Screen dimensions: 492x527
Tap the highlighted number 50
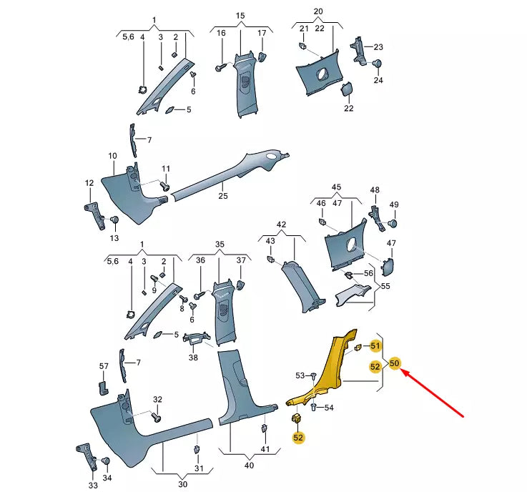point(395,364)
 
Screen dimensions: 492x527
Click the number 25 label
point(222,196)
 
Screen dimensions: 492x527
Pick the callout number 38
point(193,358)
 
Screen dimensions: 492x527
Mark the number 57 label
point(104,366)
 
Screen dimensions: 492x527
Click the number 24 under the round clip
point(378,80)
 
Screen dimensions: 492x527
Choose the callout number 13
point(114,237)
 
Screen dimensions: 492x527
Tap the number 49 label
point(393,205)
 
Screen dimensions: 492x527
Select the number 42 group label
point(281,224)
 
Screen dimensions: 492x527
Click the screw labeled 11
point(164,185)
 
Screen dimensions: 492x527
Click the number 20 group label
point(318,12)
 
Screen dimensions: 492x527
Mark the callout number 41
point(265,449)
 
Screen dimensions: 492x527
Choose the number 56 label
point(368,273)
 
